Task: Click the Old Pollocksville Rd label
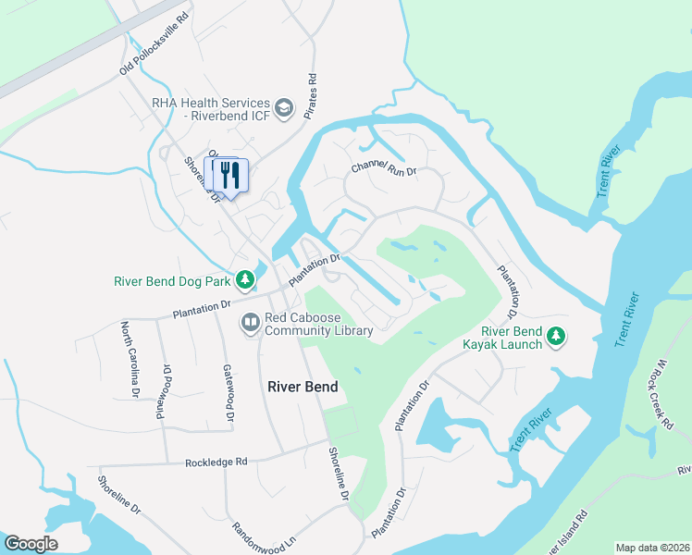click(x=154, y=43)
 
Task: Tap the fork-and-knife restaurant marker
click(x=230, y=174)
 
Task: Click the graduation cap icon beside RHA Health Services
click(x=284, y=109)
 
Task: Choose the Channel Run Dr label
click(x=384, y=169)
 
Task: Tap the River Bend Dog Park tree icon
click(x=244, y=278)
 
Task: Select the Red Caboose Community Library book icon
click(x=250, y=323)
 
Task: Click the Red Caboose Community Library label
click(x=318, y=324)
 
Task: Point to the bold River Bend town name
click(x=303, y=387)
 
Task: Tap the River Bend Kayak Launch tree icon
click(x=556, y=337)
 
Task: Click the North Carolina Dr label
click(x=129, y=359)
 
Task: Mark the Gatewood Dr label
click(x=226, y=395)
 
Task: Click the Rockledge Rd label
click(x=216, y=461)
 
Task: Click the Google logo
click(x=31, y=544)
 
